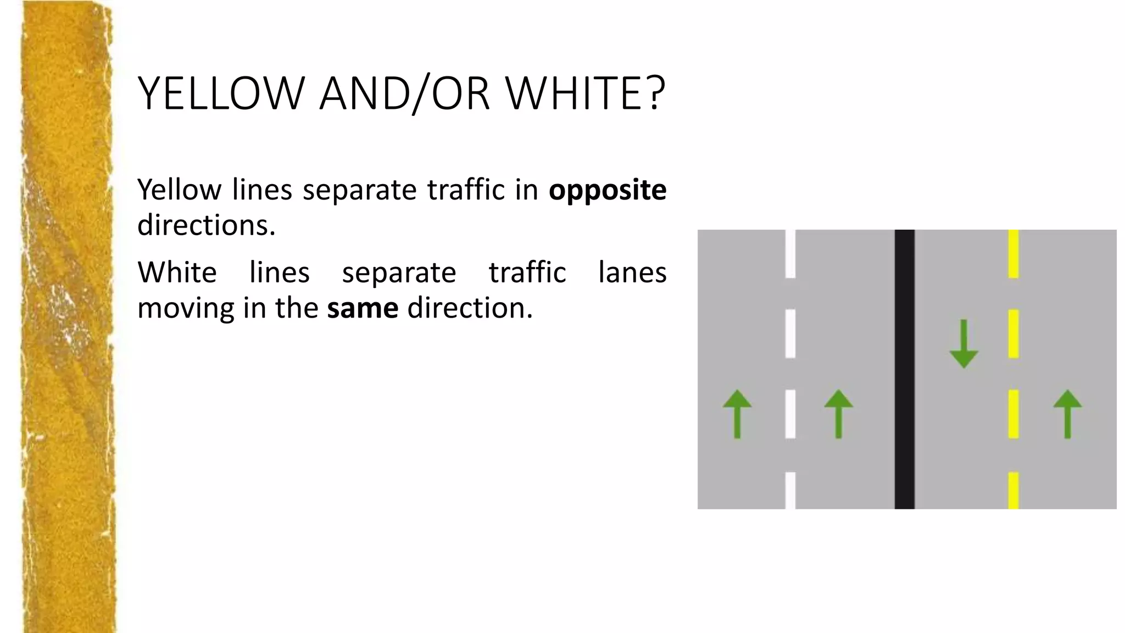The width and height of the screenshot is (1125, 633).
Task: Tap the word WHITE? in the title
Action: (586, 93)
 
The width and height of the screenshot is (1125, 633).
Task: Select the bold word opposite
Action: (608, 190)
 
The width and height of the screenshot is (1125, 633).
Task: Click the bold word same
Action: (363, 308)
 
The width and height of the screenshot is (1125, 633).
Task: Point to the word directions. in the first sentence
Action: (206, 225)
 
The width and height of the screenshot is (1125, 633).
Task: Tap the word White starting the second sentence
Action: (177, 272)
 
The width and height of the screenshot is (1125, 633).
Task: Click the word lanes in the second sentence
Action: (632, 272)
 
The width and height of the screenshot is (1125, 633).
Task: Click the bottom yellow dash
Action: (1013, 490)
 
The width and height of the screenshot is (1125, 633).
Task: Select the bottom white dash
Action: (790, 490)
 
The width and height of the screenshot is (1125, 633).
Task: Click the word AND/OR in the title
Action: (404, 93)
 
